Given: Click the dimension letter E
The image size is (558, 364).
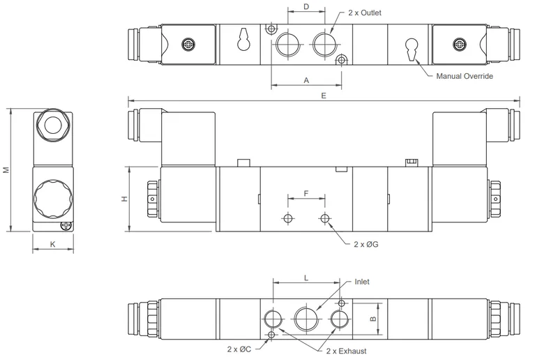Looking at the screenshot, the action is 324,96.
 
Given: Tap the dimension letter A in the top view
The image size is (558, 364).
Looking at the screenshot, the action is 306,81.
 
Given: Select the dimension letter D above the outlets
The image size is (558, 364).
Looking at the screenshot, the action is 306,6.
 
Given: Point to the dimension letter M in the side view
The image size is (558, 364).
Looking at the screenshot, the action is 6,169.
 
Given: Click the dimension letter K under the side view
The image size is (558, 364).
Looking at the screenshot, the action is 53,244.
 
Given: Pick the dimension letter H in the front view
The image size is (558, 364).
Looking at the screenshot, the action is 125,199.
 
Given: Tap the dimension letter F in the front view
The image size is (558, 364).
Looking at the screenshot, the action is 306,194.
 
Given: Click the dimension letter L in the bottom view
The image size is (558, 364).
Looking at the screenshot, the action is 306,278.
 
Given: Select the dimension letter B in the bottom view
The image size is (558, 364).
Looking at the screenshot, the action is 373,319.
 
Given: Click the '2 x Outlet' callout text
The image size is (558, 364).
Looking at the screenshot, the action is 364,13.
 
